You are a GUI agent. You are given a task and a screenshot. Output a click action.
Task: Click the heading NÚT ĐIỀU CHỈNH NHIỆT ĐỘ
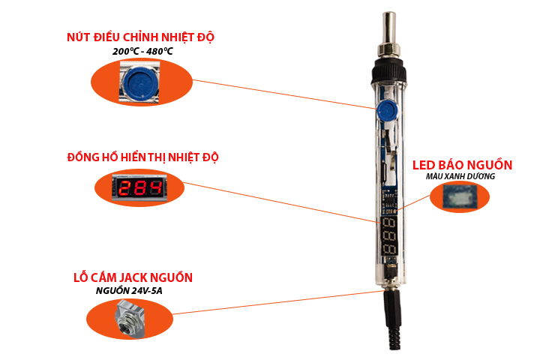145,37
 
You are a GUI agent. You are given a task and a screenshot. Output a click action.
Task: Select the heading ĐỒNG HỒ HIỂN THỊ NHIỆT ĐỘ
142,157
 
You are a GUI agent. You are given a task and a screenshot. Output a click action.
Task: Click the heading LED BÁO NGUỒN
463,165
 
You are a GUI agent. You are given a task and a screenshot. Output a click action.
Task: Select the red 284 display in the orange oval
140,187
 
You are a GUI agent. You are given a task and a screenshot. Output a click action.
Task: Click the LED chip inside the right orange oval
459,197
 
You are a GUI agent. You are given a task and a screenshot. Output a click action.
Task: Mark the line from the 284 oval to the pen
281,202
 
